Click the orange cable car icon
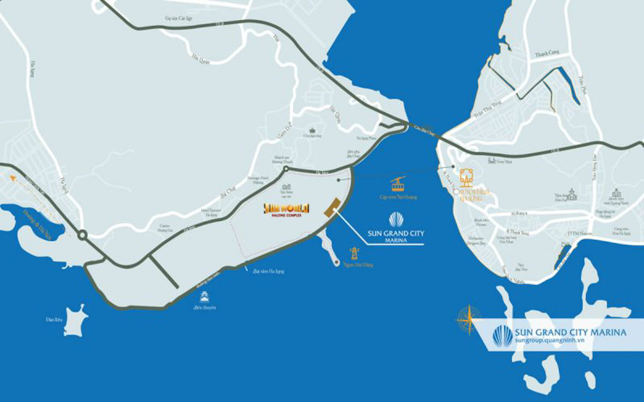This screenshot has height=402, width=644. pyautogui.click(x=397, y=184)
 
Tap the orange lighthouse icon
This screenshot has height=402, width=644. pyautogui.click(x=355, y=253)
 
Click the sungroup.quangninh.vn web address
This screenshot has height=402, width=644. pyautogui.click(x=550, y=340)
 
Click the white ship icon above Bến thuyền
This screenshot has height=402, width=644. pyautogui.click(x=204, y=296)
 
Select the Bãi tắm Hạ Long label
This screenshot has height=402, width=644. pyautogui.click(x=268, y=271)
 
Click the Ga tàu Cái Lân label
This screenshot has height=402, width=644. pyautogui.click(x=178, y=19)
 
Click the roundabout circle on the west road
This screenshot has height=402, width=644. pyautogui.click(x=82, y=236)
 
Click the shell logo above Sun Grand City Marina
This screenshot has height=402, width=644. pyautogui.click(x=396, y=220)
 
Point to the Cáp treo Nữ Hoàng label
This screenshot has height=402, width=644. pyautogui.click(x=398, y=197)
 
